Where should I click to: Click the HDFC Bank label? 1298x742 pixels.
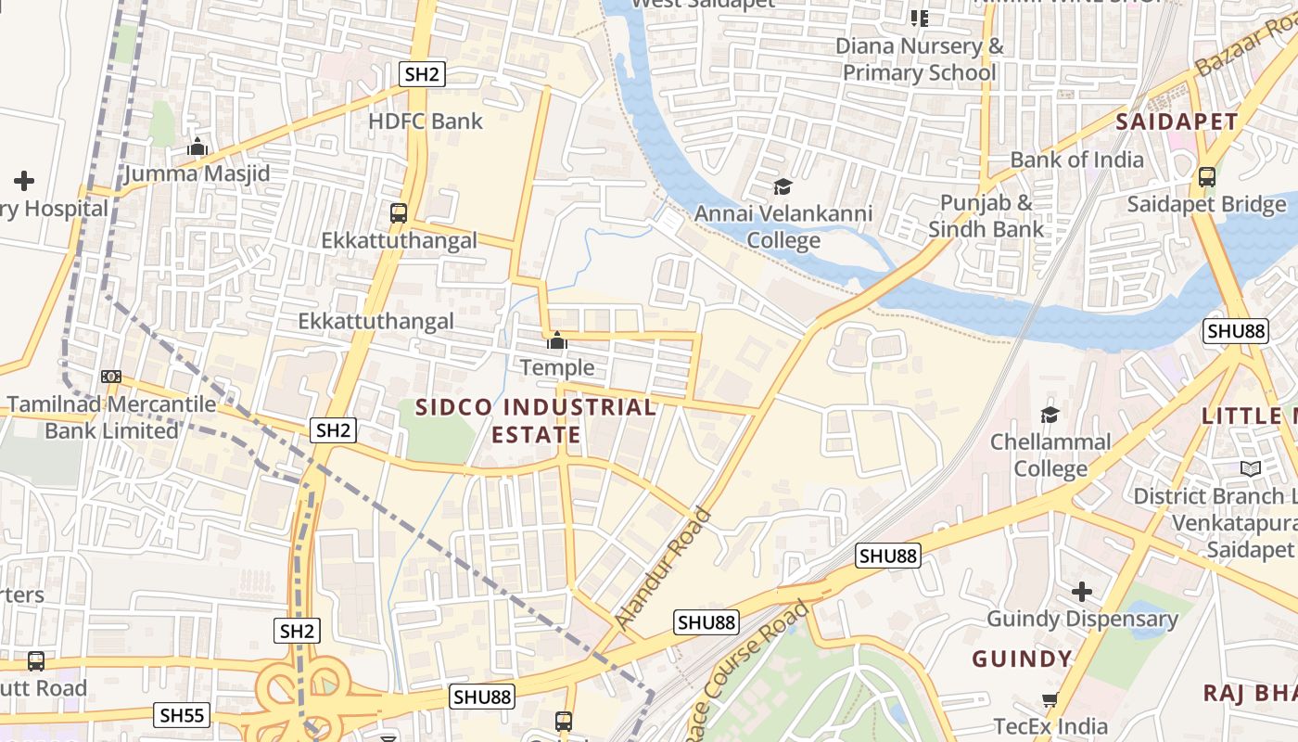click(x=426, y=121)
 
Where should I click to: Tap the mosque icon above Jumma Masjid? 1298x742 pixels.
click(x=197, y=147)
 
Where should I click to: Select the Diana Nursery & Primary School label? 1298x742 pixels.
click(x=920, y=59)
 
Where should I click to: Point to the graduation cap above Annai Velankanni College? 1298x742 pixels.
click(x=783, y=187)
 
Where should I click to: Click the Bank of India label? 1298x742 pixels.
click(x=1076, y=160)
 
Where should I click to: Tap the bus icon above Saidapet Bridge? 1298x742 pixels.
click(x=1206, y=176)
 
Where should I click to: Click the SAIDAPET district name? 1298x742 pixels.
click(x=1176, y=122)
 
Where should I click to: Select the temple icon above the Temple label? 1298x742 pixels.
click(x=556, y=340)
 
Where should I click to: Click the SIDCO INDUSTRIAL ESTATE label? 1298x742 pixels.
click(x=536, y=420)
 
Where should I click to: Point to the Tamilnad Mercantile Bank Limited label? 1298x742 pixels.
click(x=111, y=417)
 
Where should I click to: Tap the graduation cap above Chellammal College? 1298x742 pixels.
click(x=1050, y=415)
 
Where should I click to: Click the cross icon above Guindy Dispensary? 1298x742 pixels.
click(x=1081, y=591)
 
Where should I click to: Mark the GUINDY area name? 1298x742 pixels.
click(x=1021, y=659)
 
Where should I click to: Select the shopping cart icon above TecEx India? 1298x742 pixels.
click(x=1050, y=700)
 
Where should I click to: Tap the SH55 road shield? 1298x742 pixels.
click(x=183, y=715)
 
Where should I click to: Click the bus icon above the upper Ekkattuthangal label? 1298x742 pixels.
click(x=399, y=212)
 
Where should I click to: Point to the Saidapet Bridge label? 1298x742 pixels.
click(x=1206, y=204)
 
